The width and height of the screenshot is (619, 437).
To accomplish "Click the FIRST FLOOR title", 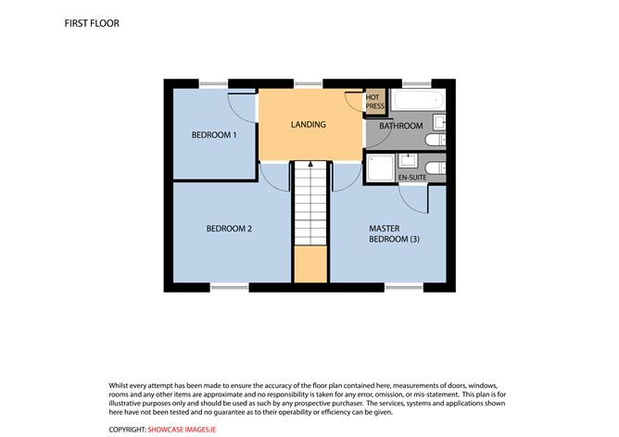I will (x=92, y=23).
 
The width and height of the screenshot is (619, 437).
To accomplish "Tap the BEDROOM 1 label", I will (x=214, y=135).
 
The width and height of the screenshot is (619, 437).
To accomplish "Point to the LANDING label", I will (x=309, y=124).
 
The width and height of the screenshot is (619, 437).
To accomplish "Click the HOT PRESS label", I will (x=374, y=102).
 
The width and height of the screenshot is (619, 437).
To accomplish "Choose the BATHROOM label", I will (x=401, y=126).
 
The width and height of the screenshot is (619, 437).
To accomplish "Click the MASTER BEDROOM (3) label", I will (x=390, y=233).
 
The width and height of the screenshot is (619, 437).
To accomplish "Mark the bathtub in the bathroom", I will (x=419, y=101).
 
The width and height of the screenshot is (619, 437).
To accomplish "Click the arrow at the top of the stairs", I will (x=310, y=166).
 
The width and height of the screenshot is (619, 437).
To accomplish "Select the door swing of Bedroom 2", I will (x=275, y=176).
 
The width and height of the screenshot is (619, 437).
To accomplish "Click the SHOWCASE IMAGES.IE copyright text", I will (x=188, y=430).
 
